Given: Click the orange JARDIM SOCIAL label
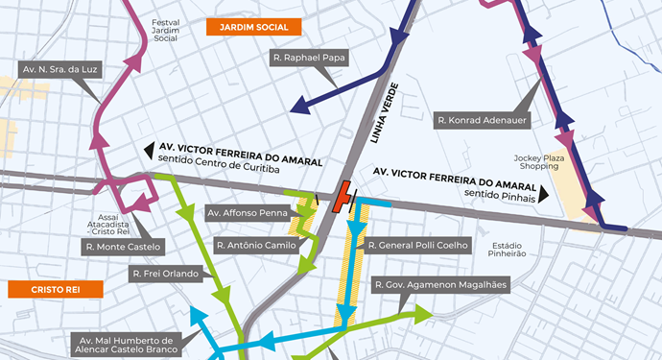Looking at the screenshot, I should click(253, 27).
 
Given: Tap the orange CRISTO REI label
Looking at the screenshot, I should click(42, 288).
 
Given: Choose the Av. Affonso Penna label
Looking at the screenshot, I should click(247, 212).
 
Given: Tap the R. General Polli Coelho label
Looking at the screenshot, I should click(419, 246).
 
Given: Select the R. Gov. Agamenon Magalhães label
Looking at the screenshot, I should click(440, 285).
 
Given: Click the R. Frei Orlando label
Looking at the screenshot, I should click(164, 274).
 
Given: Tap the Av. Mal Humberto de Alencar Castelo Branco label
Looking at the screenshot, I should click(127, 346).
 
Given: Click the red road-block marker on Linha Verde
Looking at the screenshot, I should click(340, 198).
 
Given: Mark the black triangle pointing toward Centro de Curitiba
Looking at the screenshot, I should click(149, 151).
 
